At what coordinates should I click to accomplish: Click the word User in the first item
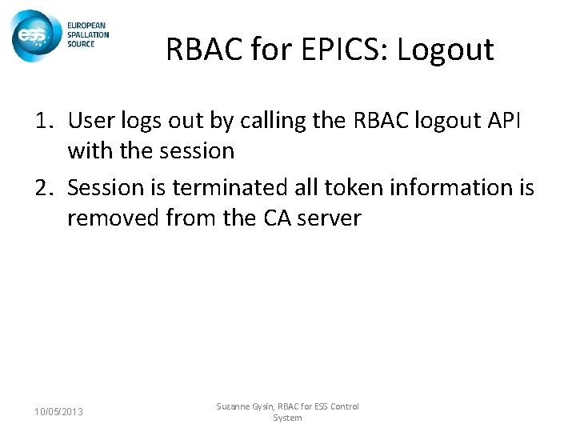[x=89, y=122]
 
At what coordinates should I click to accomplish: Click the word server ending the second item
[x=331, y=217]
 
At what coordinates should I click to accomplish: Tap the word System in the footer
[x=287, y=418]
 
